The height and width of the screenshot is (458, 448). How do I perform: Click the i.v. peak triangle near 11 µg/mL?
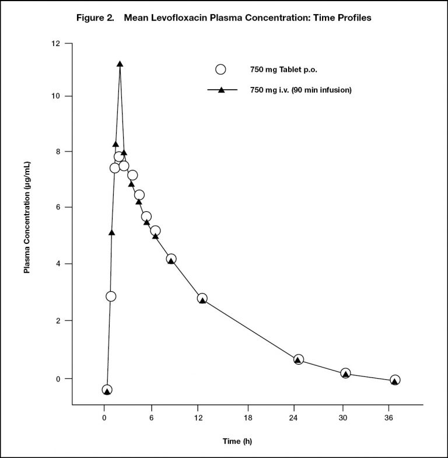(x=120, y=64)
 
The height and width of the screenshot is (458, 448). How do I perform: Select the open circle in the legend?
(x=220, y=69)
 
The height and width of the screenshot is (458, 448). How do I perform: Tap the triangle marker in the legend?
(x=222, y=90)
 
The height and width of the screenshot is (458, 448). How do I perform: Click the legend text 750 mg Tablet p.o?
(x=283, y=70)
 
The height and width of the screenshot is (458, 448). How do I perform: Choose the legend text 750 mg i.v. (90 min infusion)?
(x=301, y=90)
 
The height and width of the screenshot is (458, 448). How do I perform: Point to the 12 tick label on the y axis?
(x=55, y=44)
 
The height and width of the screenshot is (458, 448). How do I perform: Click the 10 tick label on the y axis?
(x=55, y=96)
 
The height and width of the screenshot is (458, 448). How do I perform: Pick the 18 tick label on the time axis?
(x=248, y=418)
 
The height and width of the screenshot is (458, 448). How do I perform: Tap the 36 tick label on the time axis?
(x=388, y=418)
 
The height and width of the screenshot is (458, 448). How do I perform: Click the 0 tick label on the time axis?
(x=104, y=418)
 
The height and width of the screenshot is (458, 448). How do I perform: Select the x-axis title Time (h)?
(x=237, y=441)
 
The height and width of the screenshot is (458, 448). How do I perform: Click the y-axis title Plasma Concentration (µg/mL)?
(x=27, y=218)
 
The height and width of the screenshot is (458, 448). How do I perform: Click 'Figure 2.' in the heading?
(x=95, y=18)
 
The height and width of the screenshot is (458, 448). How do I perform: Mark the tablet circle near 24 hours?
(x=298, y=359)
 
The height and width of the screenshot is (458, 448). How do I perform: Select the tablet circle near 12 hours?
(x=202, y=299)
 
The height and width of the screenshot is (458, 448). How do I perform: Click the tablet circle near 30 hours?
(x=345, y=373)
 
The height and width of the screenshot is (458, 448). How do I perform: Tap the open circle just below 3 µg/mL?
(x=111, y=296)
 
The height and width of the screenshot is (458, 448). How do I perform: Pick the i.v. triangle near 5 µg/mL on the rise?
(x=111, y=233)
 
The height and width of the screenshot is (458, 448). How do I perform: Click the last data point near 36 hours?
(x=395, y=380)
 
